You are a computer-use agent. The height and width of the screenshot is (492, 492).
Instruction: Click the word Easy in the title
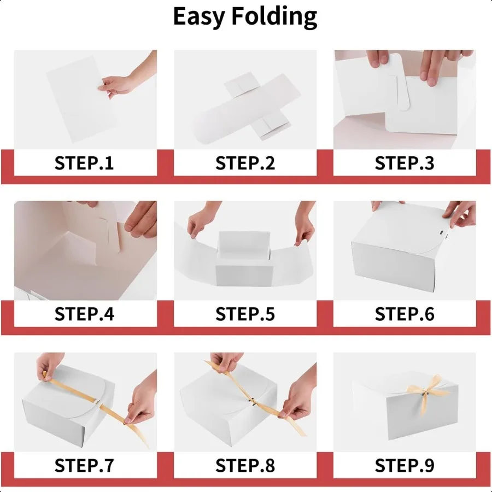click(x=199, y=16)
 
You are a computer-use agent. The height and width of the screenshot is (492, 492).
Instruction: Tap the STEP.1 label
click(x=84, y=163)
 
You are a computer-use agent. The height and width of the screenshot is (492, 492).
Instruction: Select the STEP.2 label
click(x=245, y=163)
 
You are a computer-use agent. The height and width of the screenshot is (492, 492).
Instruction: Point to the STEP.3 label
click(x=405, y=163)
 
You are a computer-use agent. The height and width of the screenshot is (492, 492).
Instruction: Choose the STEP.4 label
click(x=84, y=314)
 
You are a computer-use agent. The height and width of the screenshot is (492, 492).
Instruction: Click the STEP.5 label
click(x=245, y=314)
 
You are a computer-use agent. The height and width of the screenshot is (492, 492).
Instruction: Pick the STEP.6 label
click(x=405, y=314)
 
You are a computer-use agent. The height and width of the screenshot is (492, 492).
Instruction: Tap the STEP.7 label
click(x=84, y=465)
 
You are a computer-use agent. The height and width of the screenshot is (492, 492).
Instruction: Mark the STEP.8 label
click(x=245, y=465)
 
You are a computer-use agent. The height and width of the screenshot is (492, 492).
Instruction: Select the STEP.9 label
click(x=405, y=465)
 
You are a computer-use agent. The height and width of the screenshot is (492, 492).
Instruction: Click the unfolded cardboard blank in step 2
click(x=247, y=108)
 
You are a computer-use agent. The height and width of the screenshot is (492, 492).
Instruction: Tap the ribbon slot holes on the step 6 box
click(x=443, y=234)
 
